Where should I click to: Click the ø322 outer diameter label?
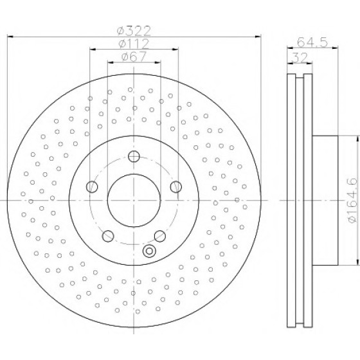[x=134, y=31]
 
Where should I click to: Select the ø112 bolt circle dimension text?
[x=134, y=44]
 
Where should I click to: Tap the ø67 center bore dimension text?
[x=134, y=57]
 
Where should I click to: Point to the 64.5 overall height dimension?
[x=312, y=42]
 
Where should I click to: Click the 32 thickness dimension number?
[x=300, y=57]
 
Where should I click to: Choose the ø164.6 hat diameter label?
[x=352, y=200]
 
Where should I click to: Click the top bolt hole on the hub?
[x=134, y=156]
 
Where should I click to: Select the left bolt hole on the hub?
[x=92, y=186]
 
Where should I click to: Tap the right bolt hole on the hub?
[x=176, y=186]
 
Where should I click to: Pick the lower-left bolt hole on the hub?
[x=108, y=236]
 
